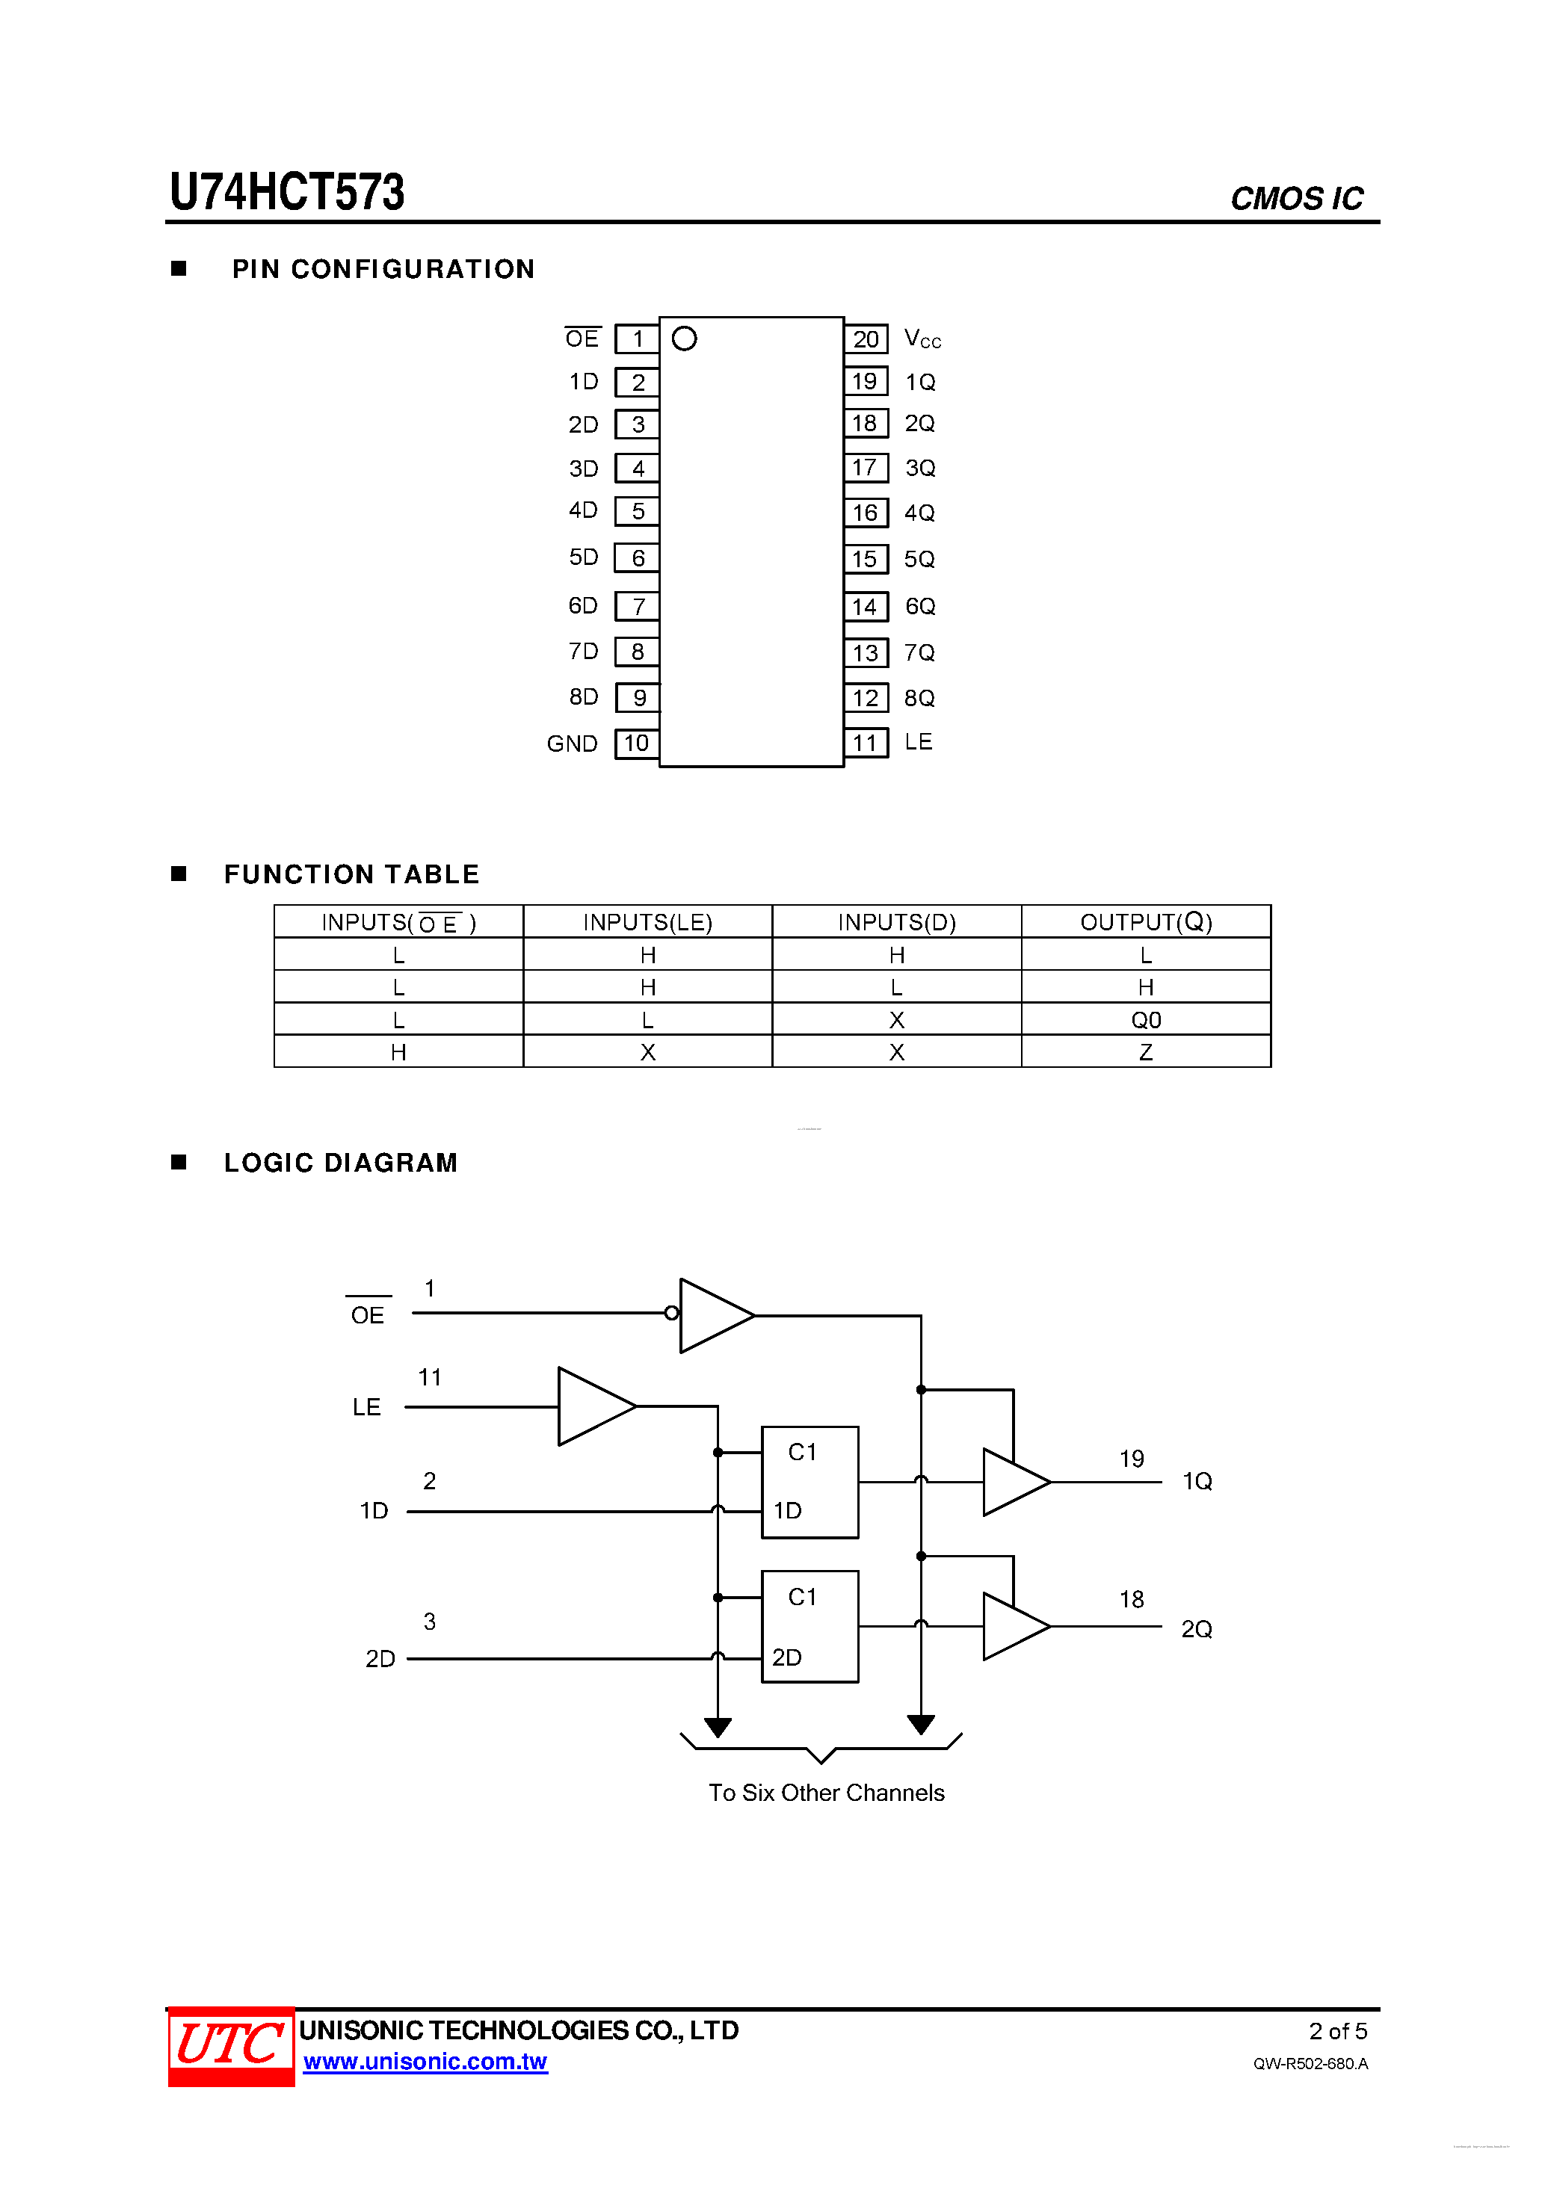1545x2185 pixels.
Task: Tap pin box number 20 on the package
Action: [x=866, y=339]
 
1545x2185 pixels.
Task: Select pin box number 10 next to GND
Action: [x=637, y=744]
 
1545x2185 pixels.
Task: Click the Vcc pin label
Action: [x=922, y=339]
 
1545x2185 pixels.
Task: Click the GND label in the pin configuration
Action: [x=571, y=744]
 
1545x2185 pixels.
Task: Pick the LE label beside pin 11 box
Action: [x=918, y=742]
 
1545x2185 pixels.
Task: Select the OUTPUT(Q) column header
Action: [x=1145, y=921]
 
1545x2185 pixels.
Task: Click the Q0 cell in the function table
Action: [x=1145, y=1019]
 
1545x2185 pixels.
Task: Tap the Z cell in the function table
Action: [x=1145, y=1051]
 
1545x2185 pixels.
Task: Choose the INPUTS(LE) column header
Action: [x=647, y=921]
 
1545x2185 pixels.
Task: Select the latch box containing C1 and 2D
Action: [x=810, y=1626]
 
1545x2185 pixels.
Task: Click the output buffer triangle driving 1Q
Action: [x=1014, y=1482]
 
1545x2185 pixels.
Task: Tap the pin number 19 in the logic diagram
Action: [x=1131, y=1459]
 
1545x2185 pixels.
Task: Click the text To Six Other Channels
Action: [x=826, y=1793]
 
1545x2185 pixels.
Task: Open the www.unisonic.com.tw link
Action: [x=425, y=2061]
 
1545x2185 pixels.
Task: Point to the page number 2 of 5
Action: [x=1337, y=2031]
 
